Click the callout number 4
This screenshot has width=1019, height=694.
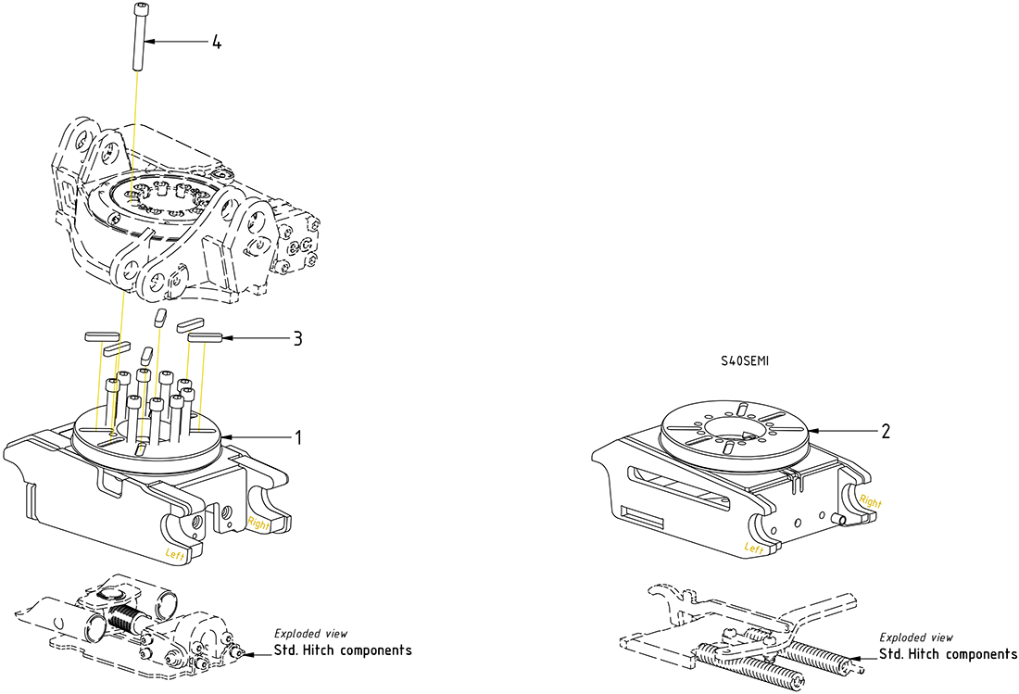216,43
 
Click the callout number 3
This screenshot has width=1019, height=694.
297,338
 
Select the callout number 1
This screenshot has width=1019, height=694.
297,436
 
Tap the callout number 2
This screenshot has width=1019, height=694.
886,431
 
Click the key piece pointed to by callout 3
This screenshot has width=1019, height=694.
204,338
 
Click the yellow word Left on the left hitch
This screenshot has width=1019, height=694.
175,554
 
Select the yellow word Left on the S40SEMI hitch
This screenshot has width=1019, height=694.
754,549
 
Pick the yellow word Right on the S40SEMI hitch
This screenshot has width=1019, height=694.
871,501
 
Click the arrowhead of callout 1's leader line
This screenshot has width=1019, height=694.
221,436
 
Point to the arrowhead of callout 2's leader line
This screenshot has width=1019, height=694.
811,431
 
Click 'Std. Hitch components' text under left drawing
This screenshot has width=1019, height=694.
343,650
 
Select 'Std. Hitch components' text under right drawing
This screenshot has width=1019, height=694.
948,654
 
